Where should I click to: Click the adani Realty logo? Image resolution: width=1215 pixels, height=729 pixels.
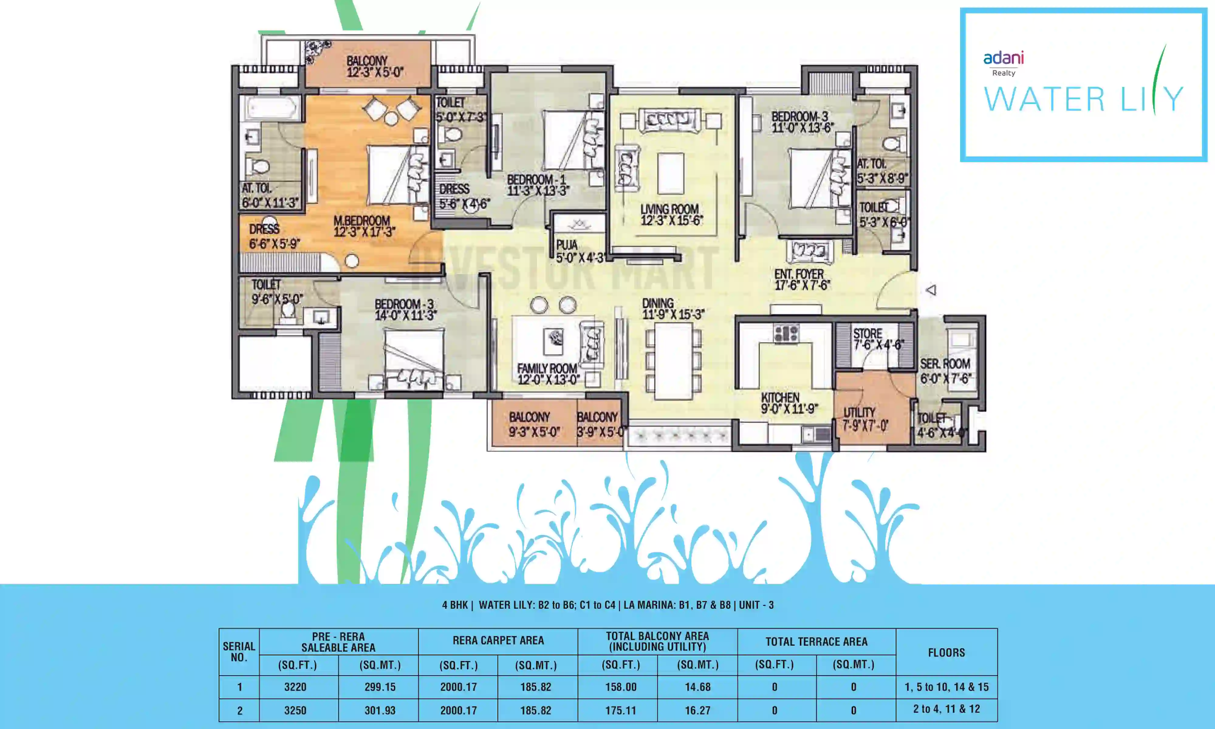pyautogui.click(x=1003, y=63)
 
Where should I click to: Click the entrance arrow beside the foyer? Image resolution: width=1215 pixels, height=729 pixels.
pyautogui.click(x=931, y=290)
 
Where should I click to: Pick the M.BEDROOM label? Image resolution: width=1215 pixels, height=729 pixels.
pyautogui.click(x=363, y=226)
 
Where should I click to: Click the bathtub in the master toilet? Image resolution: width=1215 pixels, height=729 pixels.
pyautogui.click(x=270, y=108)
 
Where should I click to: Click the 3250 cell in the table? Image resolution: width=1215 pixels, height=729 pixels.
pyautogui.click(x=295, y=710)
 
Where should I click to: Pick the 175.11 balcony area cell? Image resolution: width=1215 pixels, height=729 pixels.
pyautogui.click(x=620, y=710)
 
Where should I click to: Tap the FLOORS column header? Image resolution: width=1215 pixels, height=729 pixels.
pyautogui.click(x=946, y=652)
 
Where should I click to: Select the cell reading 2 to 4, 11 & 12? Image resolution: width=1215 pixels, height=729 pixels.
pyautogui.click(x=946, y=709)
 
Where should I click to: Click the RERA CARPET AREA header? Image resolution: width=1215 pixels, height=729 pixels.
pyautogui.click(x=498, y=641)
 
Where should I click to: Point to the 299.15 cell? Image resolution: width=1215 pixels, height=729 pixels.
pyautogui.click(x=380, y=687)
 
